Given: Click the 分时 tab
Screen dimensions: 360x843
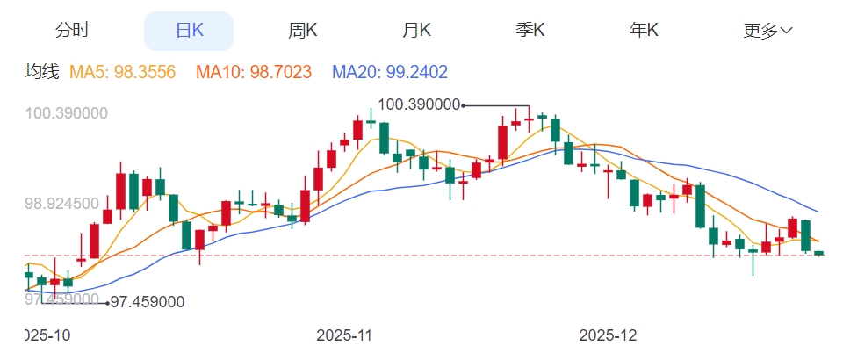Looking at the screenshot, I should (72, 31).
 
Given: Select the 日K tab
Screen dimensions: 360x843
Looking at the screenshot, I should (189, 31).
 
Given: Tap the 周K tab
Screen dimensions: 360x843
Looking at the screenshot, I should (303, 31).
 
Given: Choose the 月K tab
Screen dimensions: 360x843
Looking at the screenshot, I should (416, 31).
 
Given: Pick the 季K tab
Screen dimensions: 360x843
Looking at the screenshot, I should (530, 31).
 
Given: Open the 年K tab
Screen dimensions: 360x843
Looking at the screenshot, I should (644, 31).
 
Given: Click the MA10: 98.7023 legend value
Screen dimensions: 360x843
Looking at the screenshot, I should (254, 72).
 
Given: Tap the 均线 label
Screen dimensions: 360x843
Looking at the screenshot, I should (40, 72).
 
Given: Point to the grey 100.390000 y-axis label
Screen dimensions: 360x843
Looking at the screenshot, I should (67, 113).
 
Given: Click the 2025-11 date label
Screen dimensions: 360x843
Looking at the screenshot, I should (345, 335).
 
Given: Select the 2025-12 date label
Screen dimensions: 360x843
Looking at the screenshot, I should (609, 335).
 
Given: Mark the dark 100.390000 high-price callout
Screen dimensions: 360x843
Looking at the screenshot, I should (420, 104).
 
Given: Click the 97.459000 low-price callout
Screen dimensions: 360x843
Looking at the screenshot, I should (148, 302).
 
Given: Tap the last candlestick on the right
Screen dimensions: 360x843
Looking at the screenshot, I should (819, 253).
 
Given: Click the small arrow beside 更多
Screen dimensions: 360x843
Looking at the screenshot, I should (787, 31).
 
